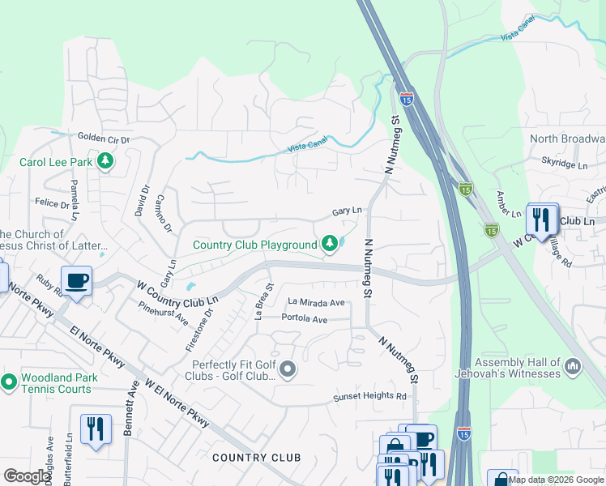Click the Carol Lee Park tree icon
point(105,162)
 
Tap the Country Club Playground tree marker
point(330,244)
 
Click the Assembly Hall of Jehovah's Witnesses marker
point(574,368)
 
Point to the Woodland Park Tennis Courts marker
point(9,382)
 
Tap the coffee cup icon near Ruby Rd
point(77,281)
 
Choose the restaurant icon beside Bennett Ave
point(96,428)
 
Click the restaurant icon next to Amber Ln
point(540,218)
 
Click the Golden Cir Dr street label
point(104,139)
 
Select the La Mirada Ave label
point(317,303)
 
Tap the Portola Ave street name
point(304,319)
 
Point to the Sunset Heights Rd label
point(370,396)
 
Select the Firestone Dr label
point(198,330)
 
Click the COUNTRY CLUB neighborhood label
point(256,458)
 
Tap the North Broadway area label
point(567,139)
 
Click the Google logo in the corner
point(28,476)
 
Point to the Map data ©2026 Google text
point(556,480)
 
